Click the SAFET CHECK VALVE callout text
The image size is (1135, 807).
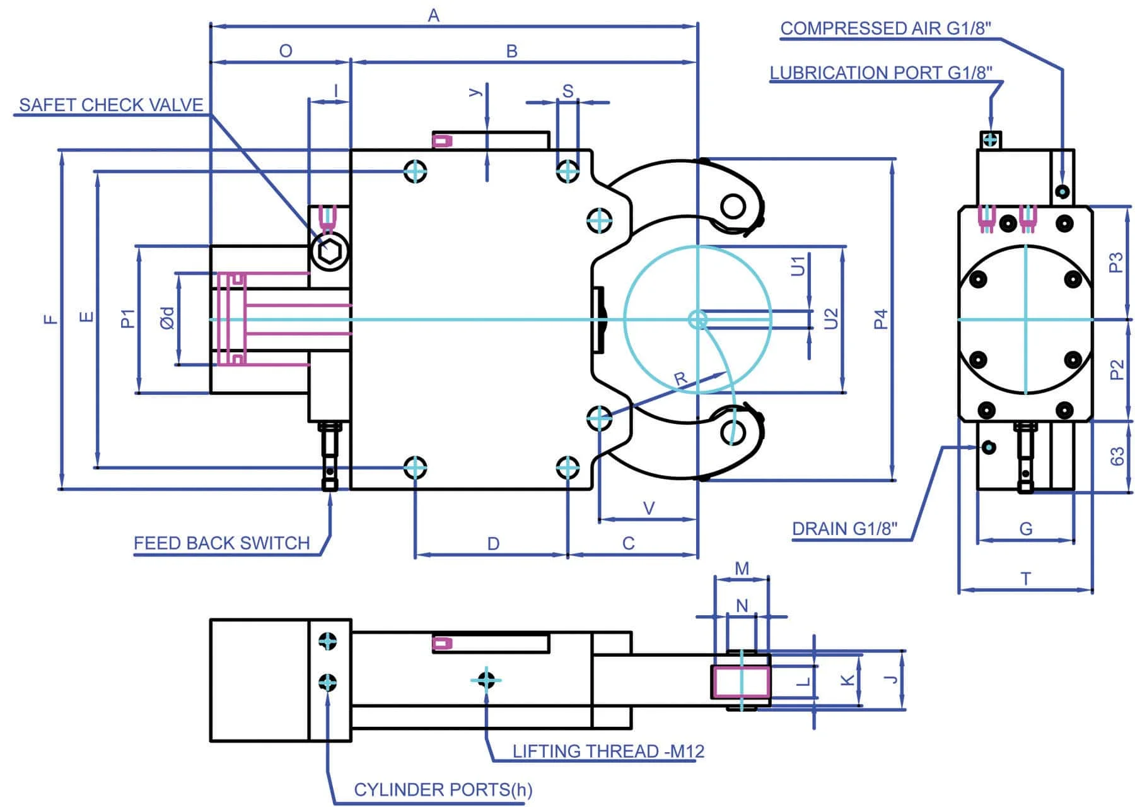pyautogui.click(x=111, y=105)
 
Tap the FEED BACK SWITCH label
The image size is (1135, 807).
pyautogui.click(x=221, y=543)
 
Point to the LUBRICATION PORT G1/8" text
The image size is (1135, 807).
pyautogui.click(x=880, y=73)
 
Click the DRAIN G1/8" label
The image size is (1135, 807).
pyautogui.click(x=844, y=528)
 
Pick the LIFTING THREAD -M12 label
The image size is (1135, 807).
pyautogui.click(x=608, y=751)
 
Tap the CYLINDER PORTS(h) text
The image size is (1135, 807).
pyautogui.click(x=443, y=789)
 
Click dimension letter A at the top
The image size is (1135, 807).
pyautogui.click(x=433, y=16)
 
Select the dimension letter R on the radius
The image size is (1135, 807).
pyautogui.click(x=680, y=379)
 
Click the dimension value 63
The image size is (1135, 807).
pyautogui.click(x=1116, y=456)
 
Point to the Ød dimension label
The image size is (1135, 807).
pyautogui.click(x=166, y=319)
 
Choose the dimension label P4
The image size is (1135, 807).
pyautogui.click(x=881, y=319)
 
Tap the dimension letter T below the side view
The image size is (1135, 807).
pyautogui.click(x=1026, y=579)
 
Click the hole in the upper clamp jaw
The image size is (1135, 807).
pyautogui.click(x=733, y=206)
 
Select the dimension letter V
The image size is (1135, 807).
pyautogui.click(x=648, y=508)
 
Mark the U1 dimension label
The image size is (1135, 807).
pyautogui.click(x=798, y=266)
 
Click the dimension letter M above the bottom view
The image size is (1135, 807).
pyautogui.click(x=742, y=568)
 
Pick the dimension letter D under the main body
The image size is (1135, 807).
pyautogui.click(x=493, y=543)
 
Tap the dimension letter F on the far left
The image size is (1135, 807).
pyautogui.click(x=50, y=319)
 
